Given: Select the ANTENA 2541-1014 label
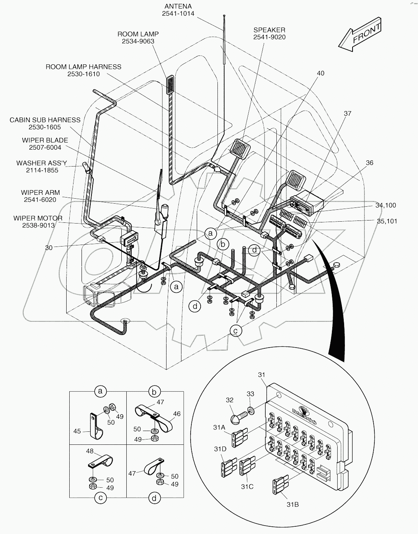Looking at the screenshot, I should pyautogui.click(x=178, y=10).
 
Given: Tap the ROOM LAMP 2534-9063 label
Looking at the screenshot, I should pyautogui.click(x=138, y=38).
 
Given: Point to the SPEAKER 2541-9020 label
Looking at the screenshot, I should pyautogui.click(x=269, y=33).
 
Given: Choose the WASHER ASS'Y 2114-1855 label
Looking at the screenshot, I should pyautogui.click(x=42, y=167).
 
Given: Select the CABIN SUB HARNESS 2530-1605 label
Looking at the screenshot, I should pyautogui.click(x=45, y=123).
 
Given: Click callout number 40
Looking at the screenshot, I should pyautogui.click(x=320, y=73).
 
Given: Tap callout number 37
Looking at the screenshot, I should pyautogui.click(x=347, y=113).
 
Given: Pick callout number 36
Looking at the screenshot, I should pyautogui.click(x=369, y=163).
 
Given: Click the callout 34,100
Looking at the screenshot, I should pyautogui.click(x=385, y=205).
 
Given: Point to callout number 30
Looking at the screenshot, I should pyautogui.click(x=49, y=248).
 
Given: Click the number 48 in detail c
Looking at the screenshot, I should pyautogui.click(x=90, y=451).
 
